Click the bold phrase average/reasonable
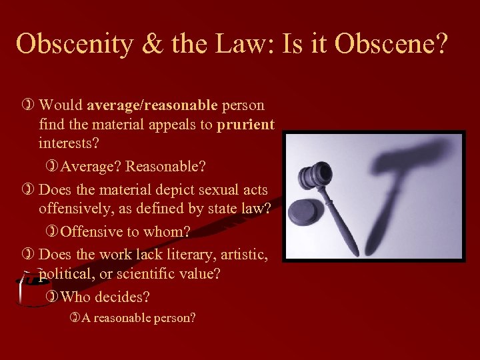(152, 105)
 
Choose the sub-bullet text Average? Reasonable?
(127, 165)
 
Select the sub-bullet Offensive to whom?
(125, 232)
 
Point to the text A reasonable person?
(139, 317)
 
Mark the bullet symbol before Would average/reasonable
(28, 105)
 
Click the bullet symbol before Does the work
(28, 254)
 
